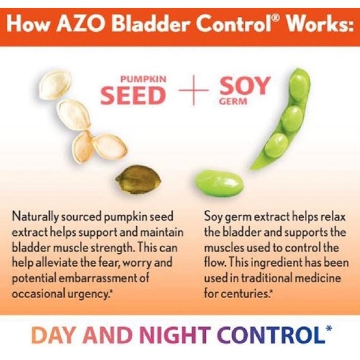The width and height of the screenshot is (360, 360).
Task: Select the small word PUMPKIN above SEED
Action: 143,79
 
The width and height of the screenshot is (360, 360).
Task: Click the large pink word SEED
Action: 133,95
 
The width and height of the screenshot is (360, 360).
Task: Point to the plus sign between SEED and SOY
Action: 194,90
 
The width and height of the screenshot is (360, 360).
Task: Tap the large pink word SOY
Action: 245,86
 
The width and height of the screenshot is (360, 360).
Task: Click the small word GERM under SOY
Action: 233,101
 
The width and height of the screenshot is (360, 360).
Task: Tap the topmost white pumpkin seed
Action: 54,85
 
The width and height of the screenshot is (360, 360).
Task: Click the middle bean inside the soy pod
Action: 292,119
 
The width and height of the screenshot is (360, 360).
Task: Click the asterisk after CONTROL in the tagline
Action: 329,328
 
